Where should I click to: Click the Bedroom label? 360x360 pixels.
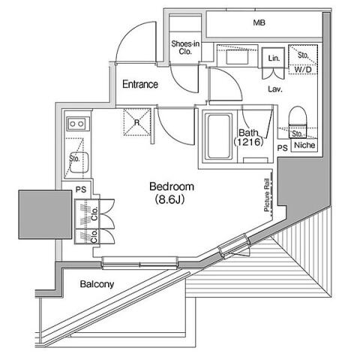click(x=172, y=187)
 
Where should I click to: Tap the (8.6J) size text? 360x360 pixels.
click(x=169, y=199)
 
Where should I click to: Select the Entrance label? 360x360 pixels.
click(x=140, y=84)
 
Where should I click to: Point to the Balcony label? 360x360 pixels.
click(x=97, y=284)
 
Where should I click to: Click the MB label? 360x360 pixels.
click(x=259, y=23)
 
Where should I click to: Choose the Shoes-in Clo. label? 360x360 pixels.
click(x=185, y=48)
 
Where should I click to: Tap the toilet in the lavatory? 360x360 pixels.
click(x=298, y=122)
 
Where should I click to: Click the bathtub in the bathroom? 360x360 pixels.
click(x=219, y=136)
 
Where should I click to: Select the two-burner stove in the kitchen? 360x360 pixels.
click(x=78, y=124)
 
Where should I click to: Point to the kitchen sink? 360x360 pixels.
click(x=79, y=163)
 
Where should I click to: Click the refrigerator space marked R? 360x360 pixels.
click(x=137, y=122)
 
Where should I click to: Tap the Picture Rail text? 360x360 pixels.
click(x=267, y=195)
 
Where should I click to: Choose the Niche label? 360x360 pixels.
click(x=304, y=145)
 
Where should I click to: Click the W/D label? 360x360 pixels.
click(x=303, y=70)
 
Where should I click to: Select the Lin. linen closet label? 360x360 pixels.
click(x=274, y=58)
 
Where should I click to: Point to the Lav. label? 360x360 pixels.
click(x=275, y=89)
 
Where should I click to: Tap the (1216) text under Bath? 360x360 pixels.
click(x=248, y=142)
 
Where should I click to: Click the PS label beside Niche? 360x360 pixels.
click(x=283, y=148)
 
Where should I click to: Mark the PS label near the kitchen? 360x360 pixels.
click(x=81, y=190)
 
